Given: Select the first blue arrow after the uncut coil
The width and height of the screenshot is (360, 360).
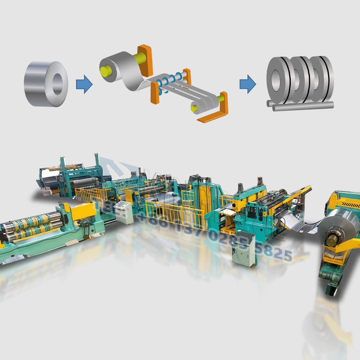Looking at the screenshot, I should pos(84,84).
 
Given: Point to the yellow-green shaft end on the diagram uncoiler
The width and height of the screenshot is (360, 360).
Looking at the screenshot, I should pos(107,70).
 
